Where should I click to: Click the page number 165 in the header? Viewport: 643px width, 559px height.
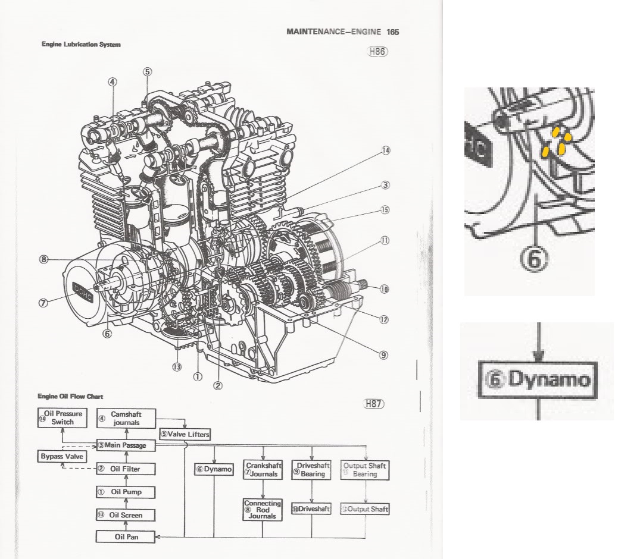point(392,32)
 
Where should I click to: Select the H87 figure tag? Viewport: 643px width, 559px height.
point(374,404)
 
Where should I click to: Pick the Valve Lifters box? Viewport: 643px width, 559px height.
point(185,434)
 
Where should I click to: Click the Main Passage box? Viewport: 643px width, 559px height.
point(126,445)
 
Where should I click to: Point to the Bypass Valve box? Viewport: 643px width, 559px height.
point(62,457)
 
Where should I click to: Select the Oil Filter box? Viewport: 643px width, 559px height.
point(126,469)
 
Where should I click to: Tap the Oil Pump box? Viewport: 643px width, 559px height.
point(126,492)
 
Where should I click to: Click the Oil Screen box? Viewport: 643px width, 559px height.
point(126,515)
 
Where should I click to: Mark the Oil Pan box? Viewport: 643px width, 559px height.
point(126,537)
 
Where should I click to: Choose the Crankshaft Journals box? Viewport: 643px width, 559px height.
point(262,470)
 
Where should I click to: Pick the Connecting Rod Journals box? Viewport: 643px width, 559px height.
point(262,510)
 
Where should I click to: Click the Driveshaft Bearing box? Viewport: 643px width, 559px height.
point(311,470)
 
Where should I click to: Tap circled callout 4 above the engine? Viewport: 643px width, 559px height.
point(112,82)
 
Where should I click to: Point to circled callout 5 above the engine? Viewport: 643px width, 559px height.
point(147,71)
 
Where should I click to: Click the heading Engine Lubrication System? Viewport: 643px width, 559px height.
point(81,45)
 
